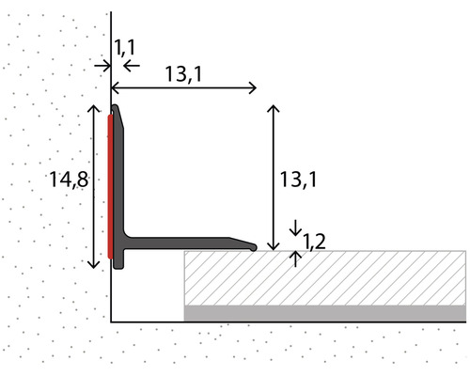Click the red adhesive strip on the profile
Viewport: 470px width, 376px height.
tap(111, 183)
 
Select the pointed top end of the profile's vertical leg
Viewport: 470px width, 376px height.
tap(115, 108)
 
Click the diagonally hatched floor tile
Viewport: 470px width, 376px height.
tap(324, 277)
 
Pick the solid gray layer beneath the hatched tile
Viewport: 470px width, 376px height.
tap(324, 312)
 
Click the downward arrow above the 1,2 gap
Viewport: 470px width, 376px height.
tap(297, 230)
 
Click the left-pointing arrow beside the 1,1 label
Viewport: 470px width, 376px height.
tap(131, 65)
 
